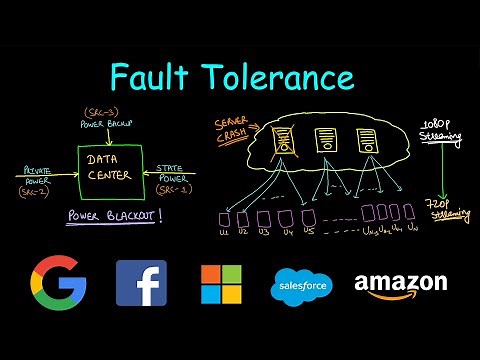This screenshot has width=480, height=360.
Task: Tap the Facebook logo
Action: click(141, 283)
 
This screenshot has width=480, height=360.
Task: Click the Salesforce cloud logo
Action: click(301, 287)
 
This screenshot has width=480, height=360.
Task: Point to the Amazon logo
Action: click(400, 284)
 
